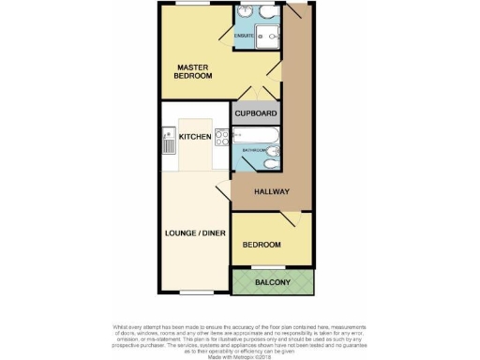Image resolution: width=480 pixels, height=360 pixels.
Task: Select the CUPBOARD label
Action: point(256,113)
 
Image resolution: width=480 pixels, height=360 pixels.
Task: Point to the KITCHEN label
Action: point(195,138)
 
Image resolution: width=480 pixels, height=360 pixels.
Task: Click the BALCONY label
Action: point(274,282)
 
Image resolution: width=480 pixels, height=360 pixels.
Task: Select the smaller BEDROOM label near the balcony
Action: point(262,245)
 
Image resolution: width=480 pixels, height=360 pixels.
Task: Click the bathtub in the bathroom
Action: point(255,135)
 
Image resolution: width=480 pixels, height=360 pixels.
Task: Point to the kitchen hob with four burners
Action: point(221,138)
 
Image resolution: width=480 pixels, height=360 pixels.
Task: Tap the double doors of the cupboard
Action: point(256,94)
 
